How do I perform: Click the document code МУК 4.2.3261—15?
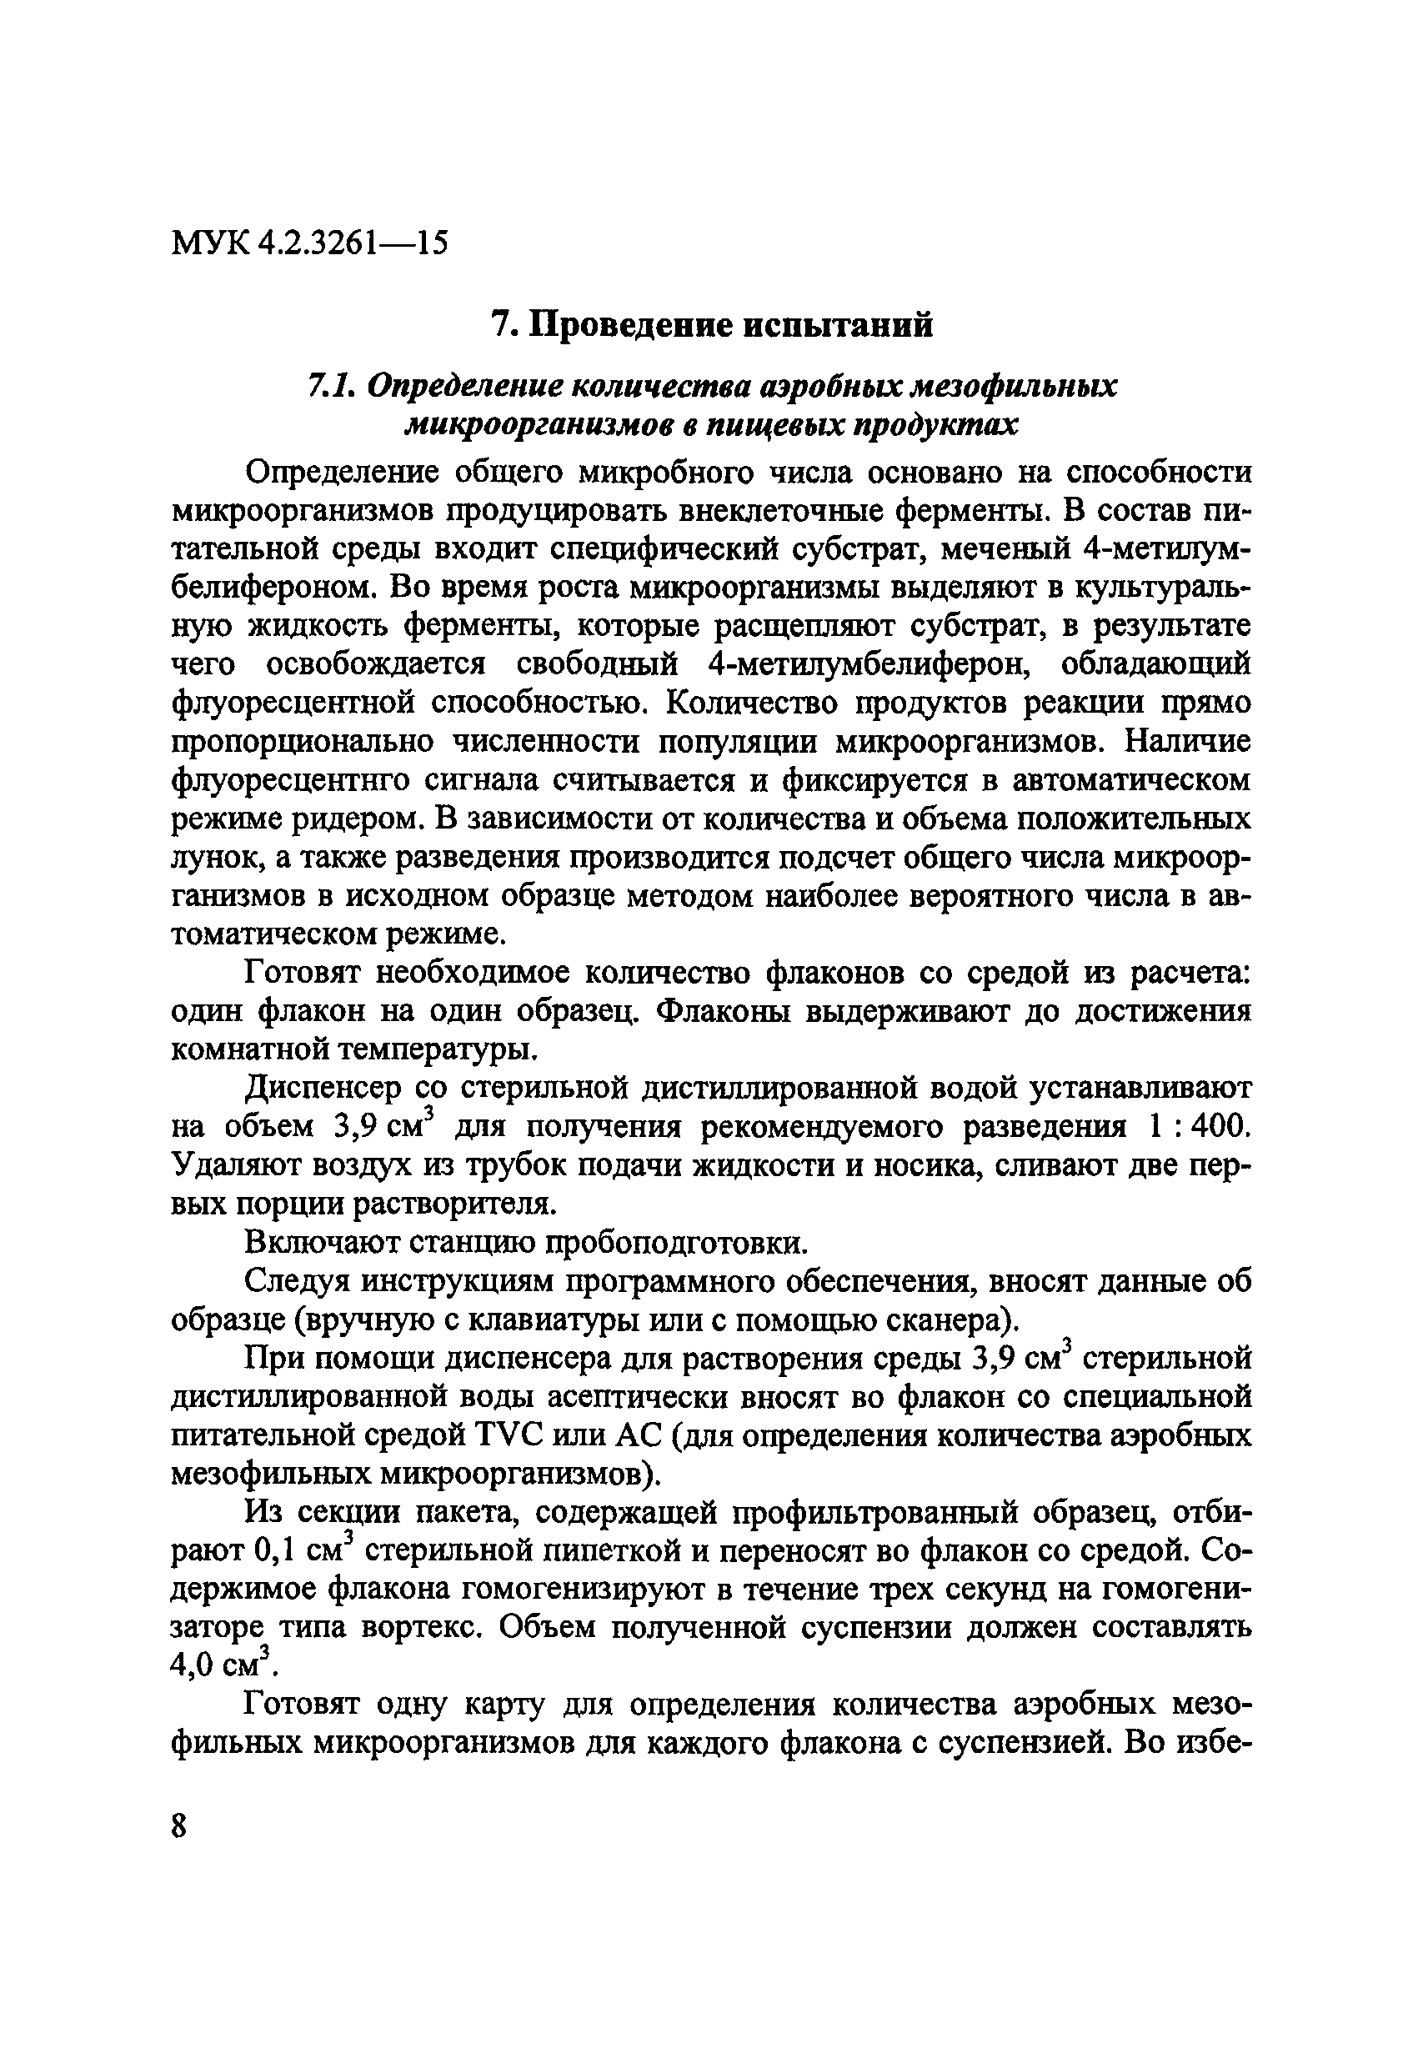[x=309, y=241]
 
